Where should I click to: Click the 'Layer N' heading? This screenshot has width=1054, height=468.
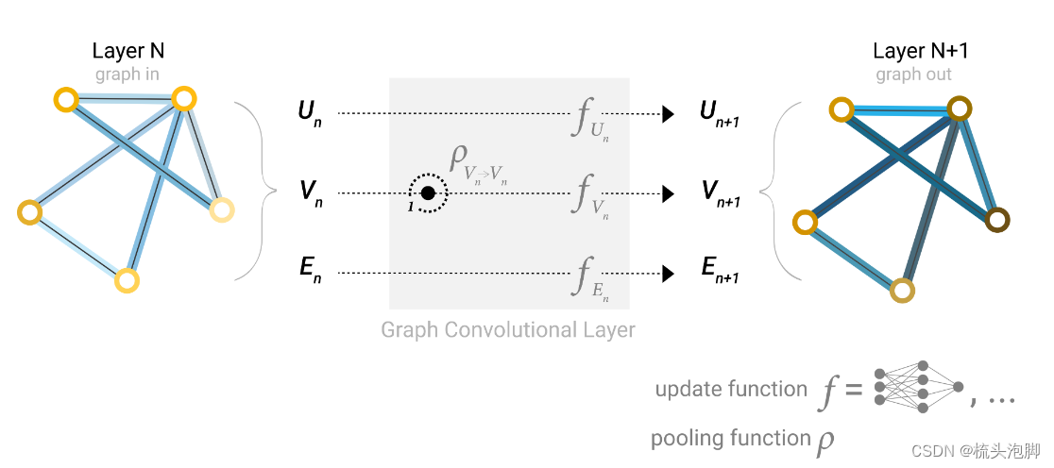point(128,51)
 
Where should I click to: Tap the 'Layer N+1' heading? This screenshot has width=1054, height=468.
point(913,51)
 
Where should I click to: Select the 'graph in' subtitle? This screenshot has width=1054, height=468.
point(127,75)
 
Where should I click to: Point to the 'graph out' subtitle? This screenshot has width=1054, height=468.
point(913,75)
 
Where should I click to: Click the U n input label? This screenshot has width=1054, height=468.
point(309,114)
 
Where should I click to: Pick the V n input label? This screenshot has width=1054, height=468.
point(310,192)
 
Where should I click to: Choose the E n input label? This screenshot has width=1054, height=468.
point(309,273)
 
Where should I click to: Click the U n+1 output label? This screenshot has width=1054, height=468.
point(719,113)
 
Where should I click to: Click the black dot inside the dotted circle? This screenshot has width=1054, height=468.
point(428,192)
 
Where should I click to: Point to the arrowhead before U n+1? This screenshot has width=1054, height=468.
point(668,114)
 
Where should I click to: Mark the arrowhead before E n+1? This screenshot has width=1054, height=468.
point(668,274)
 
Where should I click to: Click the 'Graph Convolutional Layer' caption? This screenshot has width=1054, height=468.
point(508,330)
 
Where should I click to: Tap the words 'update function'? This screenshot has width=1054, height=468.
point(730,389)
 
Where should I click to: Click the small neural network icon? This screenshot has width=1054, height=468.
point(919,387)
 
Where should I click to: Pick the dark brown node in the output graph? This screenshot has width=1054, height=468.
point(995,220)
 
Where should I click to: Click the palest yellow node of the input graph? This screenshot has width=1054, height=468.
point(221,209)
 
